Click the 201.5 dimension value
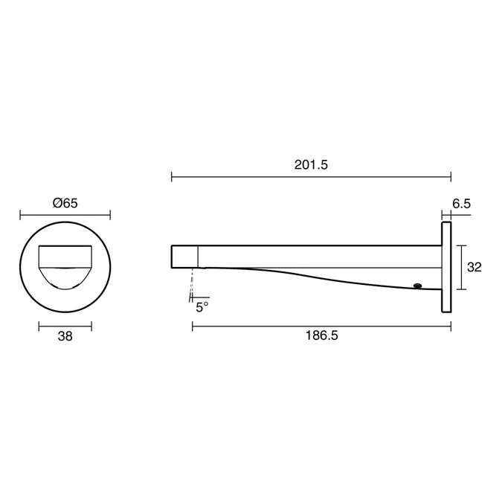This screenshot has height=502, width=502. [x=311, y=165]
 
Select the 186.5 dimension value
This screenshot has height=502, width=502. [x=321, y=335]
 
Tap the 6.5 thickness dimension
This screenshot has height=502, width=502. [x=461, y=203]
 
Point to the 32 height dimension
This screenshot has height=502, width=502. [x=474, y=267]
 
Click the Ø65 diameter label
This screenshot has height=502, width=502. [x=65, y=203]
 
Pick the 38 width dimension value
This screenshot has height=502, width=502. [x=65, y=336]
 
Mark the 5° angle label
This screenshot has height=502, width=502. [x=202, y=306]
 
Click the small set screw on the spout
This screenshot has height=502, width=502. [x=417, y=284]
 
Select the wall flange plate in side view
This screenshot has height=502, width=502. [x=446, y=266]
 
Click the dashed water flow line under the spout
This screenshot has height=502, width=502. [x=193, y=283]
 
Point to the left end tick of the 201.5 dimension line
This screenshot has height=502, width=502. [x=172, y=177]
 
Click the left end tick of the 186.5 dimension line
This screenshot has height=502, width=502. [x=193, y=326]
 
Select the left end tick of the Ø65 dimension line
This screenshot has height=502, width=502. [x=20, y=215]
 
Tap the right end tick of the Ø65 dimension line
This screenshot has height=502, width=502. [x=110, y=215]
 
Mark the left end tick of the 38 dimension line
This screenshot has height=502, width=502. [x=39, y=325]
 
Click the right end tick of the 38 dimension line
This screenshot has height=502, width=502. [x=91, y=325]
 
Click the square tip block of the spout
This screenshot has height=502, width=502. [x=184, y=256]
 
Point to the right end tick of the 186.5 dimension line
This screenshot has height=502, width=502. [x=451, y=326]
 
